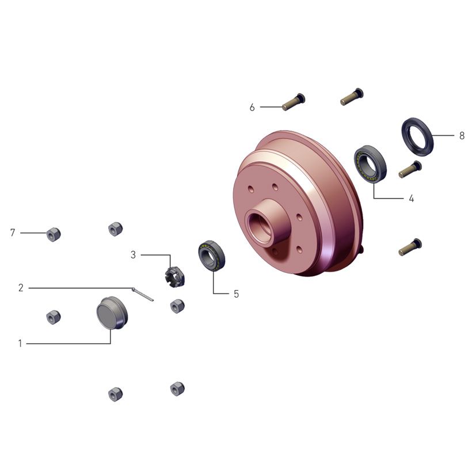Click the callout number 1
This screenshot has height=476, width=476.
point(20,344)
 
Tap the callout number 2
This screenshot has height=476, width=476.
point(21,288)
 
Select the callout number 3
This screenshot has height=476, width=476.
point(133,254)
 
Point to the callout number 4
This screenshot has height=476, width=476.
point(411,199)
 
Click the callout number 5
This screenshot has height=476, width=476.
point(236,294)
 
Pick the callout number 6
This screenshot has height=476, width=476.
point(252,107)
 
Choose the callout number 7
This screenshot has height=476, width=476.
point(13,233)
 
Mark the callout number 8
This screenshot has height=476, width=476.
point(462,136)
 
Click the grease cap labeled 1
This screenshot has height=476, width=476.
point(112,313)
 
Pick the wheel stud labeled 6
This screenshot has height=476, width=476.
point(293,102)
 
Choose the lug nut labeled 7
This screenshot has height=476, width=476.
point(54,234)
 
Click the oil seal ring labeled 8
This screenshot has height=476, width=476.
point(417,136)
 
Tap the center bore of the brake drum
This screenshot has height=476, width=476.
point(260,226)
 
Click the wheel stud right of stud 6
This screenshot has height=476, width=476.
point(351,96)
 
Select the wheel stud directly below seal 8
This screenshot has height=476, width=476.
point(410,169)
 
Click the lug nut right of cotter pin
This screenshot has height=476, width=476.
point(177,306)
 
